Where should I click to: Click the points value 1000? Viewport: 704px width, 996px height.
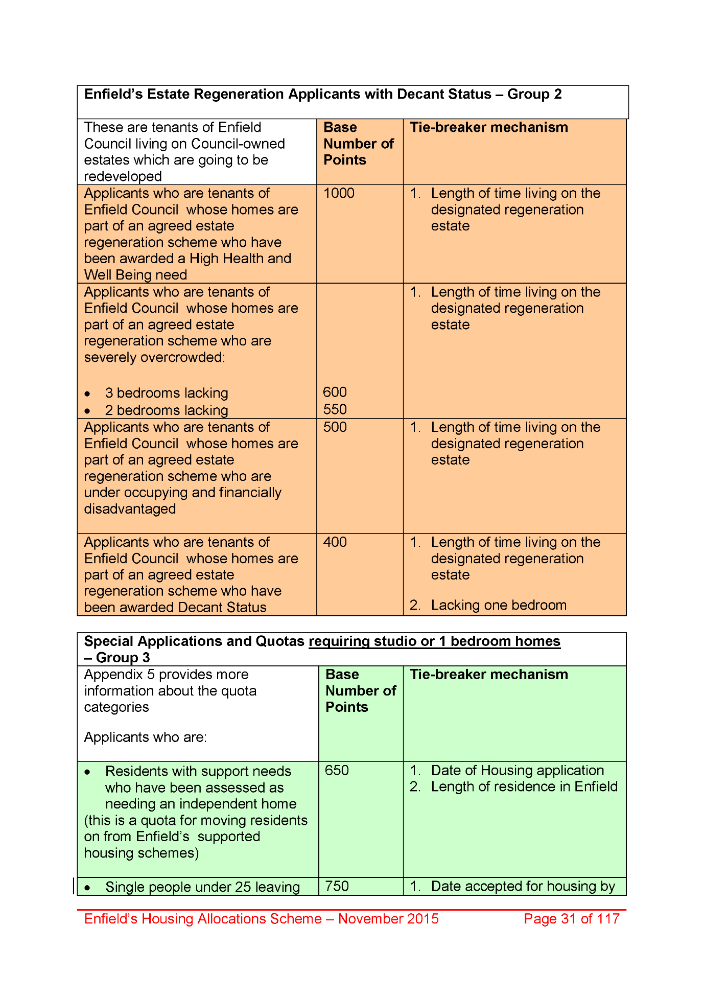tap(339, 193)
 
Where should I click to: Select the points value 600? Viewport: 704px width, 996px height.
tap(335, 392)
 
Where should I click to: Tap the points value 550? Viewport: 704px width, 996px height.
tap(335, 409)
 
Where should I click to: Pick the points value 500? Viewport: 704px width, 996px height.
tap(335, 427)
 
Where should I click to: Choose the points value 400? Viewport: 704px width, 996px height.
tap(335, 542)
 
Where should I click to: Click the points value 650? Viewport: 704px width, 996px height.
tap(337, 770)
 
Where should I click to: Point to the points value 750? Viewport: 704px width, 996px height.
tap(337, 886)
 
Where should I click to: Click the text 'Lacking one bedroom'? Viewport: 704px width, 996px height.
tap(499, 605)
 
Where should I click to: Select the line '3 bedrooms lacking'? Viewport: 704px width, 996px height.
tap(167, 393)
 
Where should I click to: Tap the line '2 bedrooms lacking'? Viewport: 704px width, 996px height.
tap(167, 410)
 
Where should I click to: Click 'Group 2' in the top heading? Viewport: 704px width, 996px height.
tap(534, 95)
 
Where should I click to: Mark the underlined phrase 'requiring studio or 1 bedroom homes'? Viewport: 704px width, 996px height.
tap(434, 641)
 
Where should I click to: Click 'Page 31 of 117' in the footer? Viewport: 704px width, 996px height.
tap(571, 919)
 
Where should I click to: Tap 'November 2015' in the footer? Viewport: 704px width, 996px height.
tap(388, 919)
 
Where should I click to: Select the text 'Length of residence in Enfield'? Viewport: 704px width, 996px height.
tap(524, 786)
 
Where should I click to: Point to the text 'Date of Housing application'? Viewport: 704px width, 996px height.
tap(517, 770)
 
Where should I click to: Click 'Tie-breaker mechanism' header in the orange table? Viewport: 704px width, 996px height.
tap(489, 127)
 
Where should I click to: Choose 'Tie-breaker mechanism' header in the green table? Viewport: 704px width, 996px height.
tap(489, 675)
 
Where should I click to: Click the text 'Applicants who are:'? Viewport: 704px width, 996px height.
tap(145, 737)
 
